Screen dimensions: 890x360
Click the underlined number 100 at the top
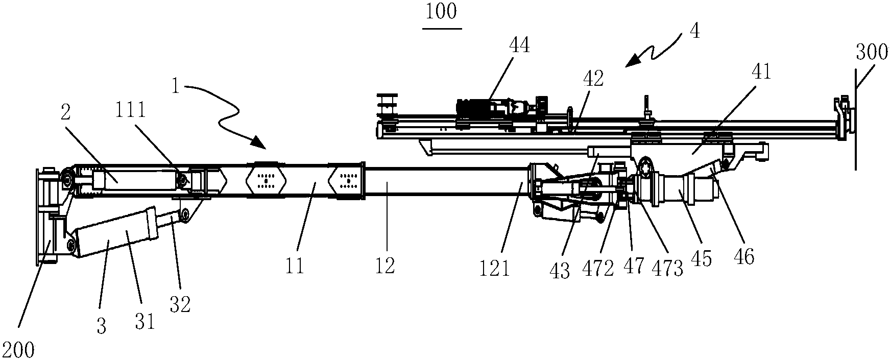coord(442,12)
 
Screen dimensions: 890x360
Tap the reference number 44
coord(519,47)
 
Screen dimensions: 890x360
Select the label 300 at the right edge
coord(872,53)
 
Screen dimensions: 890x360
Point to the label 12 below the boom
coord(386,266)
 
